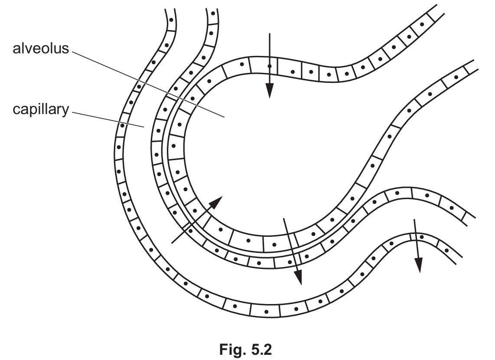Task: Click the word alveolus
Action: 41,48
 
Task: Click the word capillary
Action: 41,110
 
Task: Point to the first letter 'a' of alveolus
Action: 17,50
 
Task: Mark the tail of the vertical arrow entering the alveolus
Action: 269,33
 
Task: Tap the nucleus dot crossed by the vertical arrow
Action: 269,66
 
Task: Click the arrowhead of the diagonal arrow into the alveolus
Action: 217,202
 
